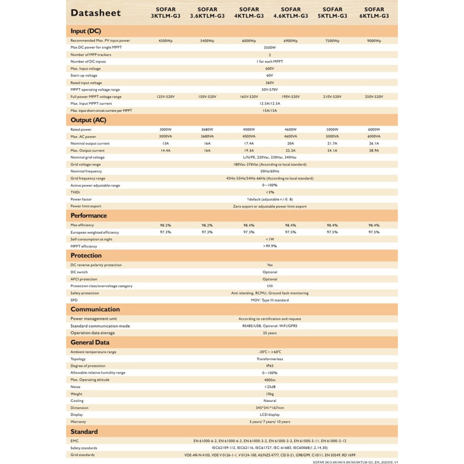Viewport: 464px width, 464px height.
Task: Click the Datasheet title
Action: (x=96, y=13)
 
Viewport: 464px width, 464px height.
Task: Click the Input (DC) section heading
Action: (x=86, y=30)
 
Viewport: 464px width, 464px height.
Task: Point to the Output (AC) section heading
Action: (x=88, y=120)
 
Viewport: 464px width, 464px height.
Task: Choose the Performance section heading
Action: (x=89, y=216)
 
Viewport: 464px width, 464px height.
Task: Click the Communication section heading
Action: (x=95, y=309)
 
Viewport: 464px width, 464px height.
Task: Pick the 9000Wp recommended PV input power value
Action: (x=374, y=41)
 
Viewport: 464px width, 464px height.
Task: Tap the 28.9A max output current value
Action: (x=374, y=150)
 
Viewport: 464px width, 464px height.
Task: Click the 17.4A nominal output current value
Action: (x=249, y=143)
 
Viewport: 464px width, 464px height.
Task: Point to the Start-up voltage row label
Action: (x=84, y=75)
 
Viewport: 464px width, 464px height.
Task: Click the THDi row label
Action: (x=75, y=192)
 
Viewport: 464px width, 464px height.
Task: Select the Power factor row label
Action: (x=81, y=199)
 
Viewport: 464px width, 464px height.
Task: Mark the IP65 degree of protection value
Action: (x=270, y=365)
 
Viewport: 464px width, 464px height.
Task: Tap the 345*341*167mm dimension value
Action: (x=270, y=407)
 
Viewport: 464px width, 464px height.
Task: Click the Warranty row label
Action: (x=79, y=421)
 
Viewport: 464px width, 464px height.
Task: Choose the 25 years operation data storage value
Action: (x=270, y=333)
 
